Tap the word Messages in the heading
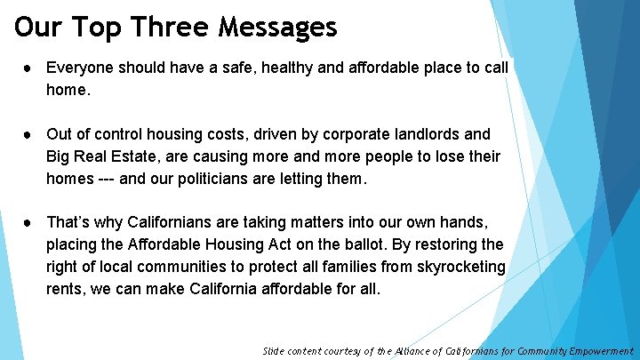click(x=281, y=27)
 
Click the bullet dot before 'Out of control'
click(x=30, y=134)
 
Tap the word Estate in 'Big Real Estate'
click(x=141, y=156)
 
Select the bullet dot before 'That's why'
click(x=30, y=222)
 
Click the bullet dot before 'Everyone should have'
click(x=30, y=68)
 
